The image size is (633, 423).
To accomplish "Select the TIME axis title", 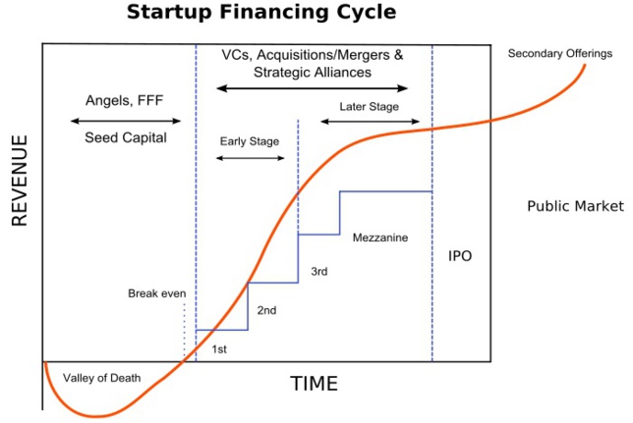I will point(314,384).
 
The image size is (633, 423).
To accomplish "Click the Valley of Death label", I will point(102,378).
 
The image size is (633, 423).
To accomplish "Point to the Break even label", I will point(156,293).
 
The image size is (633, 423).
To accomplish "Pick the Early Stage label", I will point(249,141).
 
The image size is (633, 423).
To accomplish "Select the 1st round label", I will point(221,347).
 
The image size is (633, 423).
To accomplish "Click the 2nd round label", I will point(266,310).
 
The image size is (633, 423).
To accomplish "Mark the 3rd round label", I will point(318,270).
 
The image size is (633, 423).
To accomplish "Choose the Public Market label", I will point(575,206).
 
